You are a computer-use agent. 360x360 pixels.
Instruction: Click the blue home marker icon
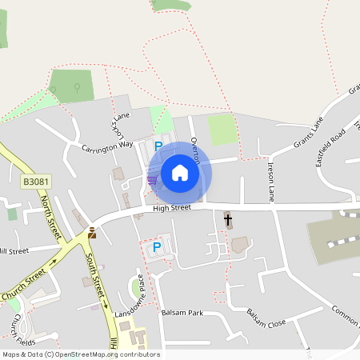tap(180, 173)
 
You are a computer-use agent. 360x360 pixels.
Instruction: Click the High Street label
tap(172, 208)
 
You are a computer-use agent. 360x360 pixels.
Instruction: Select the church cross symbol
tap(228, 218)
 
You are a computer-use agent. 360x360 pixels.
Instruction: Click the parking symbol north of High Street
tap(158, 146)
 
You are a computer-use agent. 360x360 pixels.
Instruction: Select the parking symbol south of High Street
tap(157, 248)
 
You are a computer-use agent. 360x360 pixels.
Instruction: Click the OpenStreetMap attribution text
tap(80, 354)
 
